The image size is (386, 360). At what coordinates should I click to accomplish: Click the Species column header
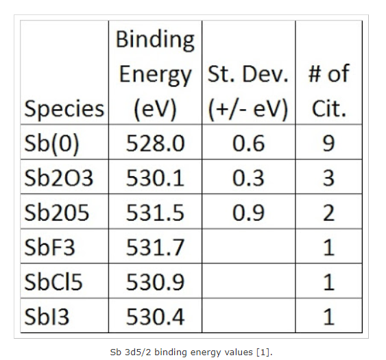point(64,109)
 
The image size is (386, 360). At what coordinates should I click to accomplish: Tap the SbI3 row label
point(45,316)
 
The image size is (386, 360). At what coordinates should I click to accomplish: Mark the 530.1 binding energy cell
point(155,178)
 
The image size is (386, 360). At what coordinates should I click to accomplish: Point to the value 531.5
point(155,213)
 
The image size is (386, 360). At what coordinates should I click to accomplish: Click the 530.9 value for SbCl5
point(155,281)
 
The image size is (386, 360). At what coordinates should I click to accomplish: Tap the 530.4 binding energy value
point(155,316)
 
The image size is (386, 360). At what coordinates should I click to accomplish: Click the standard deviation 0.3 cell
point(248,178)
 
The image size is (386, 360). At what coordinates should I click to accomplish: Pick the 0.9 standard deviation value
point(248,213)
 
